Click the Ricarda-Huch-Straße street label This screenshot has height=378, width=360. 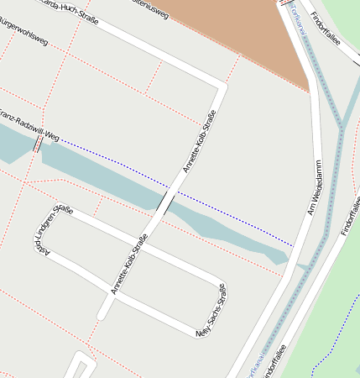pyautogui.click(x=67, y=10)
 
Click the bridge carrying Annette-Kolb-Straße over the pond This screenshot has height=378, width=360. pyautogui.click(x=168, y=202)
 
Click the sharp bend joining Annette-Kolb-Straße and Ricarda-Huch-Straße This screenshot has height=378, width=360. pyautogui.click(x=222, y=86)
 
